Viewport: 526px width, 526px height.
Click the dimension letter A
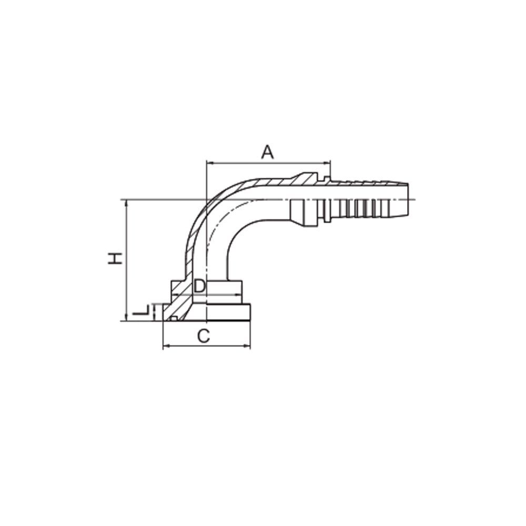[x=267, y=153]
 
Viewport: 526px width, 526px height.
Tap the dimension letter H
[x=115, y=258]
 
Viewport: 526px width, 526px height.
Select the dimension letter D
[x=199, y=286]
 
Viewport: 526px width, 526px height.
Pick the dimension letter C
[x=204, y=336]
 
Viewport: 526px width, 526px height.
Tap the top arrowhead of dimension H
[x=126, y=203]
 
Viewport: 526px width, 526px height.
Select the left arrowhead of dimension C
[x=166, y=346]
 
